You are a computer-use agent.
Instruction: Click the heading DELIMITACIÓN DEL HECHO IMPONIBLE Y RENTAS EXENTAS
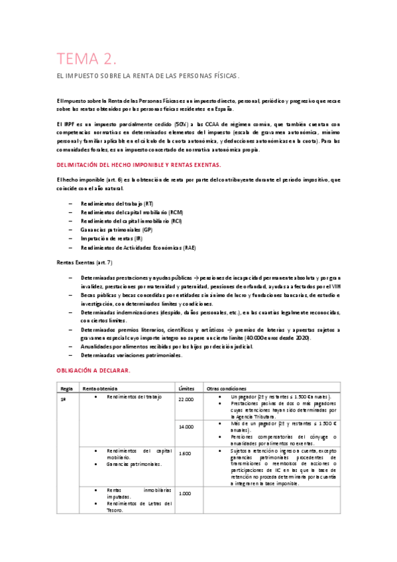[x=139, y=164]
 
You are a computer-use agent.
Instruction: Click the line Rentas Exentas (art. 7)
[x=84, y=263]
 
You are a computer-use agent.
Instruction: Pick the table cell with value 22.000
[x=186, y=400]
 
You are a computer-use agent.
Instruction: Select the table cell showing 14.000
[x=186, y=427]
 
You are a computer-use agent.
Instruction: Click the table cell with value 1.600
[x=185, y=453]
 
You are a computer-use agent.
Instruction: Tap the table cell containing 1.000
[x=185, y=493]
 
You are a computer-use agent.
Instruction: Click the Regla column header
[x=66, y=388]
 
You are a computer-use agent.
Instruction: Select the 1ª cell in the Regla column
[x=64, y=400]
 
